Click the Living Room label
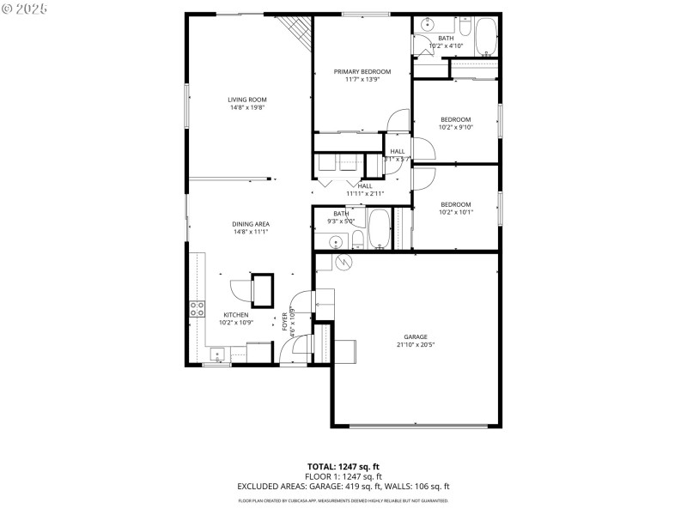246,100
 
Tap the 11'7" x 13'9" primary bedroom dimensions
362,80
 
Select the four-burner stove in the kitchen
198,310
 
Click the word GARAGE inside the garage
415,336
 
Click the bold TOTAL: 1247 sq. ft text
343,466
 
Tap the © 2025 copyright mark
25,8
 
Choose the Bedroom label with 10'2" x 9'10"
455,119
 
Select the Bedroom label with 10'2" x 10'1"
455,204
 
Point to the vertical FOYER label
285,322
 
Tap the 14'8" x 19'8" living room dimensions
246,108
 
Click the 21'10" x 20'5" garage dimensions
415,345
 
